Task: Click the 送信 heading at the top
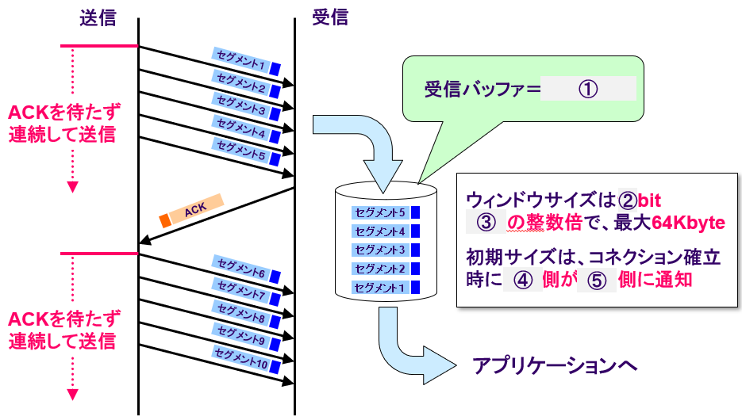pyautogui.click(x=97, y=18)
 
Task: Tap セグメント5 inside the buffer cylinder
pyautogui.click(x=379, y=212)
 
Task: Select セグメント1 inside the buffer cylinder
pyautogui.click(x=379, y=287)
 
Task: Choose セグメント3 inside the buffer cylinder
pyautogui.click(x=379, y=250)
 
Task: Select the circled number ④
pyautogui.click(x=522, y=280)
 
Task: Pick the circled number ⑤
pyautogui.click(x=596, y=280)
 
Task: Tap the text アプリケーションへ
pyautogui.click(x=555, y=365)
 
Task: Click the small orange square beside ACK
pyautogui.click(x=165, y=219)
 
